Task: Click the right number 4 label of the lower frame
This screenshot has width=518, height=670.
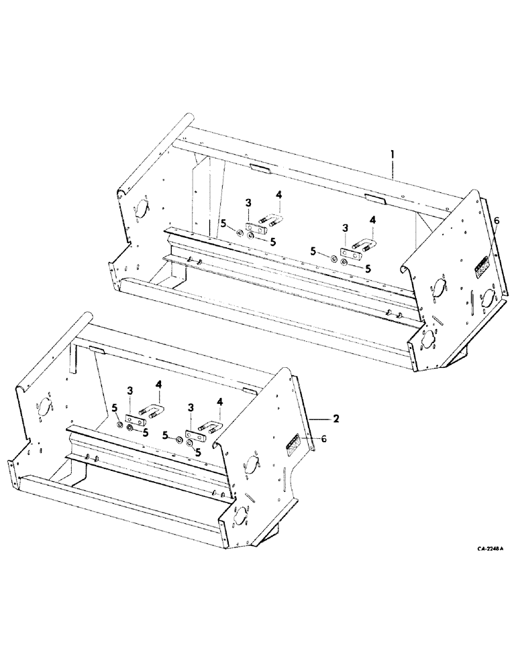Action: click(x=219, y=403)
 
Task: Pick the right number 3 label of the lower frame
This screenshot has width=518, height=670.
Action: click(x=193, y=407)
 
